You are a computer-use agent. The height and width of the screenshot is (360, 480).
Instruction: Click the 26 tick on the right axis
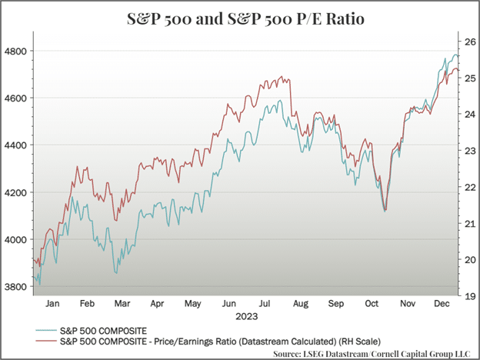[x=466, y=42]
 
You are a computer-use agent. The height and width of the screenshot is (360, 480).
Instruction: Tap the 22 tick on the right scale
[x=466, y=187]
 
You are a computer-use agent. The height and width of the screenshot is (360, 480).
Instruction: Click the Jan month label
[x=52, y=305]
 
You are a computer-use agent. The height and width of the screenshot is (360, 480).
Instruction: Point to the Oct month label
[x=371, y=305]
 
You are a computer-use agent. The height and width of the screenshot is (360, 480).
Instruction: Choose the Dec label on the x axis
[x=441, y=305]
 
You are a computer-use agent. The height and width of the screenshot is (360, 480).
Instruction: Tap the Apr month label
[x=157, y=305]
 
